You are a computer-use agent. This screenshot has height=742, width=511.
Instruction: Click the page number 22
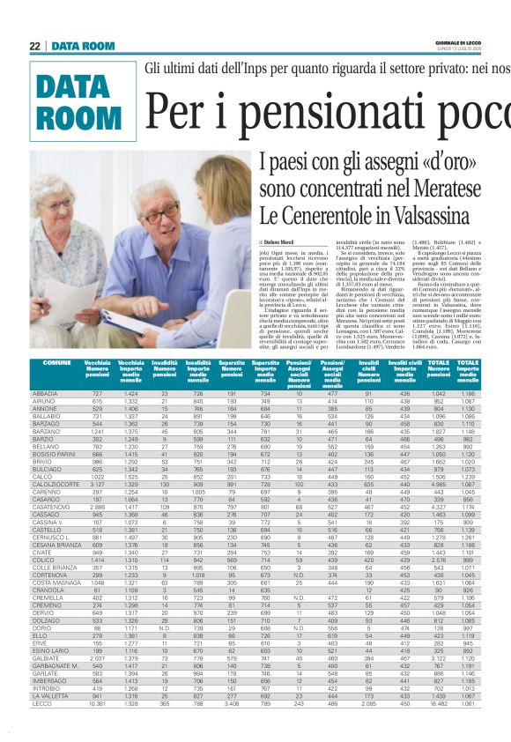click(34, 46)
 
